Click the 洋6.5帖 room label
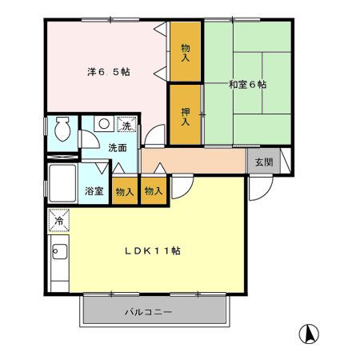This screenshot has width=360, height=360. [x=109, y=71]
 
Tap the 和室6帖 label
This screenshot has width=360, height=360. [x=247, y=84]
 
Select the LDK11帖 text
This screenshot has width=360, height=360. [x=151, y=250]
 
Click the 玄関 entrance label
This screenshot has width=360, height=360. [x=263, y=162]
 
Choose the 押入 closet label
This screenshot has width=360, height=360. [x=185, y=117]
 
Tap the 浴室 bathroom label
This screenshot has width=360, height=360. [x=94, y=191]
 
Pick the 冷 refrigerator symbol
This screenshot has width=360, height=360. [x=58, y=219]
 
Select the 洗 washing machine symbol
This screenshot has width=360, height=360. [x=126, y=125]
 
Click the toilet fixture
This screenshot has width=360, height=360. [x=62, y=129]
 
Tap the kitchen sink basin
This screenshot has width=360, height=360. [x=58, y=254]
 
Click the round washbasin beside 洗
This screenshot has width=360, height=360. [x=104, y=126]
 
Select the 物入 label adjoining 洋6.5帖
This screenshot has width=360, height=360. [x=185, y=53]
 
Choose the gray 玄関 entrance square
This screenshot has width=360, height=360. [x=263, y=162]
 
